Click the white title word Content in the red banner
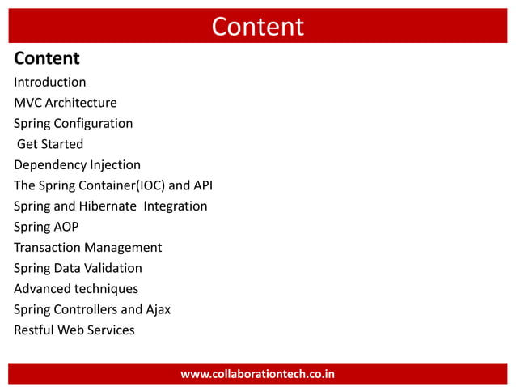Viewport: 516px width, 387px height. coord(257,27)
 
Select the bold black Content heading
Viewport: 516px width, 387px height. coord(47,58)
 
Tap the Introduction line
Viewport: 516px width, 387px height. coord(49,82)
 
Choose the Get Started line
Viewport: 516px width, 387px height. coord(50,144)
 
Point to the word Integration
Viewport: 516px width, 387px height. coord(176,206)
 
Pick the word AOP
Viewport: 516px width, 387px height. coord(66,227)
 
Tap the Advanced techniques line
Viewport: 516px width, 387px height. coord(76,289)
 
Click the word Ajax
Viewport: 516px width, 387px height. coord(157,309)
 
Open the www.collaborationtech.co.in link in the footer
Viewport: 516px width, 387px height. coord(257,374)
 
